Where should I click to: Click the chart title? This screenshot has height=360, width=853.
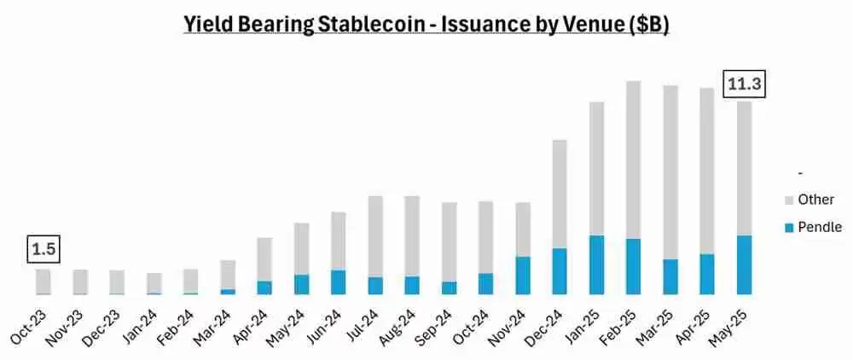click(x=426, y=25)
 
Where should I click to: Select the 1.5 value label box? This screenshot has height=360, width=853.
click(x=43, y=249)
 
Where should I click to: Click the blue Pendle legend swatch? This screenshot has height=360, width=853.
click(x=788, y=228)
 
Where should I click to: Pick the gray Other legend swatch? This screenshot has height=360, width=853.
click(x=788, y=200)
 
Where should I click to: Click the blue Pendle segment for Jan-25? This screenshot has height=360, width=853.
click(x=597, y=264)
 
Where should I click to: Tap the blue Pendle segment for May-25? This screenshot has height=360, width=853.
click(x=745, y=264)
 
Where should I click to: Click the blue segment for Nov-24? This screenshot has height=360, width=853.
click(x=523, y=275)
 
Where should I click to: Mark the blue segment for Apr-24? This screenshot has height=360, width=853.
click(x=264, y=287)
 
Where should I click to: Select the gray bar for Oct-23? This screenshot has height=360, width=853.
click(x=43, y=281)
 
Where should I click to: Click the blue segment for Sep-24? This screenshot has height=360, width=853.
click(x=449, y=287)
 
